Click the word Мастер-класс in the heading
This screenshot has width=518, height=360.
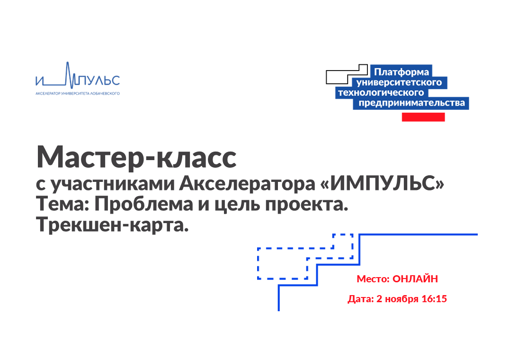click(x=136, y=157)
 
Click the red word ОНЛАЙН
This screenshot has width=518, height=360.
click(x=415, y=279)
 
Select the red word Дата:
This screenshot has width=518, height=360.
click(x=361, y=299)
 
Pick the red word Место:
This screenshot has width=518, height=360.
click(x=373, y=279)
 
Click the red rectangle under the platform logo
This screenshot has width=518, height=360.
click(x=423, y=117)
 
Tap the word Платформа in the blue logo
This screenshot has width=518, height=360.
click(x=402, y=72)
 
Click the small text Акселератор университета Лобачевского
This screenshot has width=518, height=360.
click(x=78, y=93)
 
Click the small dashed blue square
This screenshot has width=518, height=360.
click(x=343, y=241)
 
